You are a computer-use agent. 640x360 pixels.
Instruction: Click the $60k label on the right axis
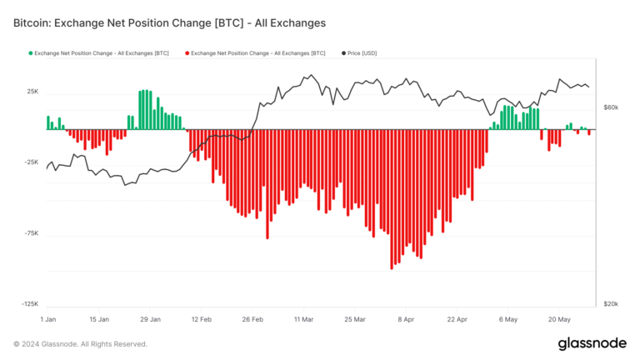pyautogui.click(x=611, y=107)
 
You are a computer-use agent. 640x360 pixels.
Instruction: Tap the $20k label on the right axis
pyautogui.click(x=611, y=305)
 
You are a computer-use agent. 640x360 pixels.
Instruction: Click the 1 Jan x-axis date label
pyautogui.click(x=48, y=319)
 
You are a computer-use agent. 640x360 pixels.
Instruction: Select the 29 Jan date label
pyautogui.click(x=150, y=319)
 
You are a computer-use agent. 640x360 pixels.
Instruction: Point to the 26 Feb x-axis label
pyautogui.click(x=252, y=319)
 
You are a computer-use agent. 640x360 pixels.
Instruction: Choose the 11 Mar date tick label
pyautogui.click(x=303, y=319)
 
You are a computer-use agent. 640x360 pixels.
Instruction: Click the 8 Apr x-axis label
pyautogui.click(x=406, y=319)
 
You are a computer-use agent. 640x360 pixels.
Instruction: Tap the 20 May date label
pyautogui.click(x=559, y=319)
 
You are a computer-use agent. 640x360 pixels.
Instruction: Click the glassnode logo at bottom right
pyautogui.click(x=592, y=343)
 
